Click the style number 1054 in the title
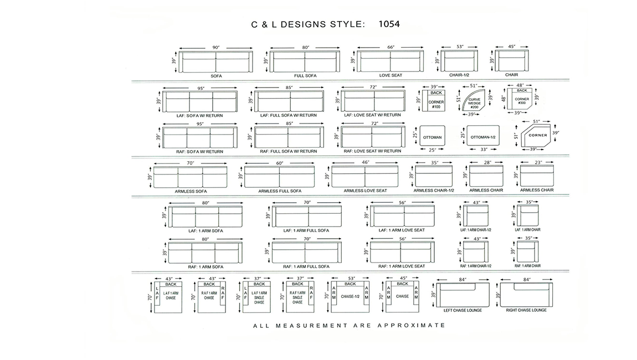(389, 24)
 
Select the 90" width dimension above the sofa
(215, 48)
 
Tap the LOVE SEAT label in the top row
(391, 75)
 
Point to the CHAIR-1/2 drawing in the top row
(459, 61)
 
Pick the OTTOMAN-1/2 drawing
(483, 136)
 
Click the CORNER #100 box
(434, 100)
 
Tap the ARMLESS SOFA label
(191, 192)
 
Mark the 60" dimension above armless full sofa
(280, 163)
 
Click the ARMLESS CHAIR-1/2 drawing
(434, 176)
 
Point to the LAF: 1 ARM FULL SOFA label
(306, 230)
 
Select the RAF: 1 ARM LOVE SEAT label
(402, 266)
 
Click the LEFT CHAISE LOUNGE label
(463, 310)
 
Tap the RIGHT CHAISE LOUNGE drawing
(526, 295)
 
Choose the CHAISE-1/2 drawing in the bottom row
(350, 297)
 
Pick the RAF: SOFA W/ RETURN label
(199, 152)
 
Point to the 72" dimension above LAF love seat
(373, 87)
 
